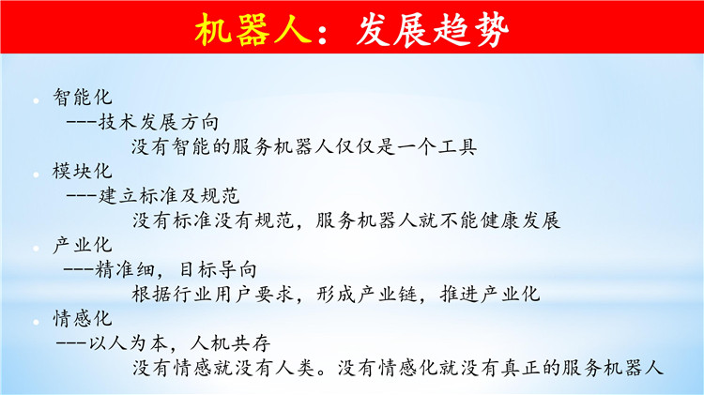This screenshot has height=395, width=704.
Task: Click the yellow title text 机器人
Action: pos(253,30)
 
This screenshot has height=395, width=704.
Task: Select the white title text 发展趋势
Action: pos(433,30)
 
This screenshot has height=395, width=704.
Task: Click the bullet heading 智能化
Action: pos(83,98)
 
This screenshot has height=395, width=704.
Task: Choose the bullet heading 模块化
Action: pos(83,172)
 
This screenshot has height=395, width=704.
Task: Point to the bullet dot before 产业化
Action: pos(37,248)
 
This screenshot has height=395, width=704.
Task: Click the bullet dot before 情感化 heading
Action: pos(37,322)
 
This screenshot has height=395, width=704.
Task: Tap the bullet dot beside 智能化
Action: pos(37,100)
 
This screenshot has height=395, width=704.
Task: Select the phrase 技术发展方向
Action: pos(159,122)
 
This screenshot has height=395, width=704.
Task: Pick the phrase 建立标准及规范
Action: pos(169,196)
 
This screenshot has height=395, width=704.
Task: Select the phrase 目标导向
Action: pos(218,270)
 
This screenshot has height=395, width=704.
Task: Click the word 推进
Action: pos(459,295)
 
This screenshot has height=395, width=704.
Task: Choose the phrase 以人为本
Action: pos(128,343)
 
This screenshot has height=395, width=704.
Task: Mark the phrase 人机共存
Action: pos(230,343)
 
